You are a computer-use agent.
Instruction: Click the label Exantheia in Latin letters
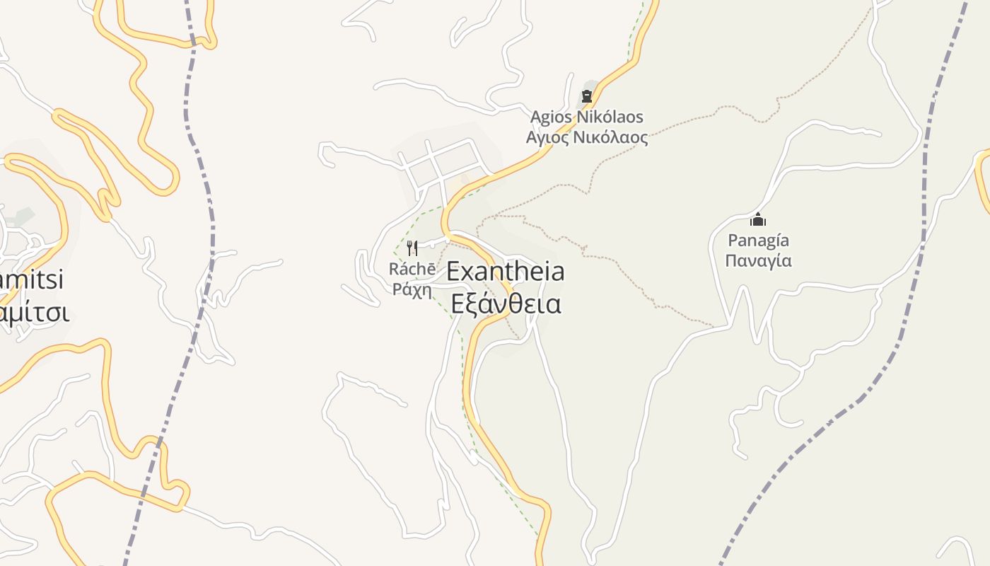[x=506, y=271]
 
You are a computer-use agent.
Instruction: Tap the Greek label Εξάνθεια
[x=506, y=304]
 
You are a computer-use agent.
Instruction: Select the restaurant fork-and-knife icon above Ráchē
[x=412, y=248]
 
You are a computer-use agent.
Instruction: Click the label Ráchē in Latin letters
[x=412, y=270]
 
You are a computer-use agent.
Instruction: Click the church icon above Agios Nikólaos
[x=586, y=96]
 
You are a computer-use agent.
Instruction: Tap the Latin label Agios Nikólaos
[x=587, y=116]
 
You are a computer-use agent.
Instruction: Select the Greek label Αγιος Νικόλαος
[x=587, y=137]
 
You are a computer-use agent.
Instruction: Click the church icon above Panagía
[x=758, y=220]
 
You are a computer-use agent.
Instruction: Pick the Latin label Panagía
[x=758, y=241]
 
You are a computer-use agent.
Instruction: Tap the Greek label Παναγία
[x=758, y=260]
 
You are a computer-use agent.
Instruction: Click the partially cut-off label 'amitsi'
[x=31, y=279]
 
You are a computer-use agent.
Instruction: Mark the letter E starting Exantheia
[x=454, y=271]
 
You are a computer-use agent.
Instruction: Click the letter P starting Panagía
[x=732, y=241]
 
